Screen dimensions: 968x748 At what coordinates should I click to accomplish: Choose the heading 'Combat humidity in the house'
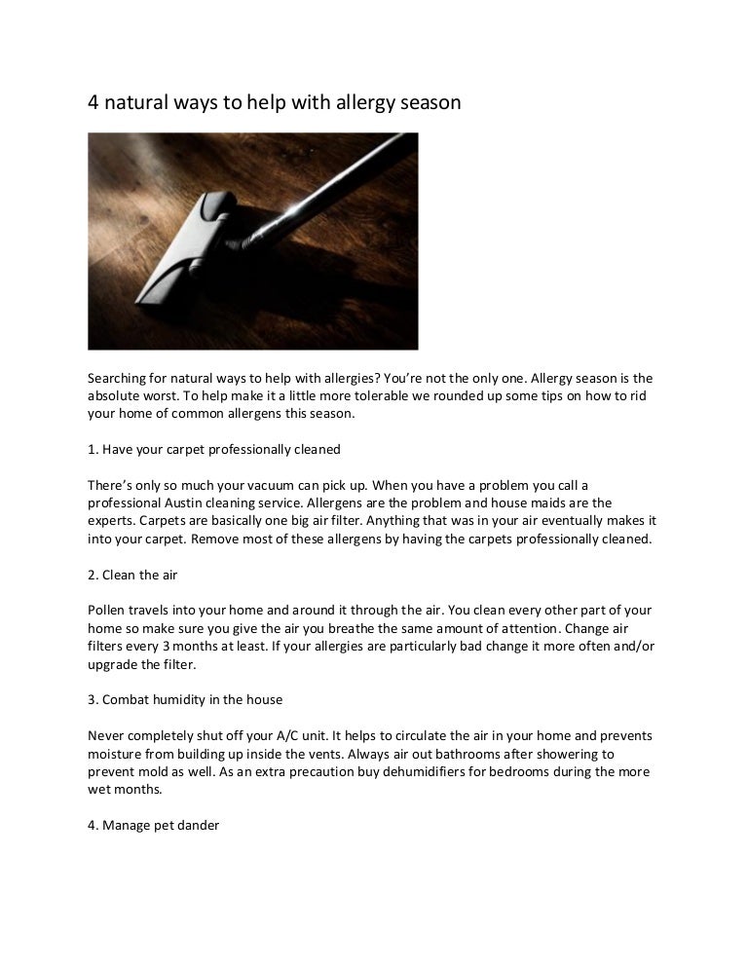(185, 699)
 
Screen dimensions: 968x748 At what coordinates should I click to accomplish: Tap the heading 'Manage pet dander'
(153, 825)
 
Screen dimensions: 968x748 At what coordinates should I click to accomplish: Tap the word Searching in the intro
(120, 377)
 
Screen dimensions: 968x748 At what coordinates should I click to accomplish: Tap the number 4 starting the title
(94, 102)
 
